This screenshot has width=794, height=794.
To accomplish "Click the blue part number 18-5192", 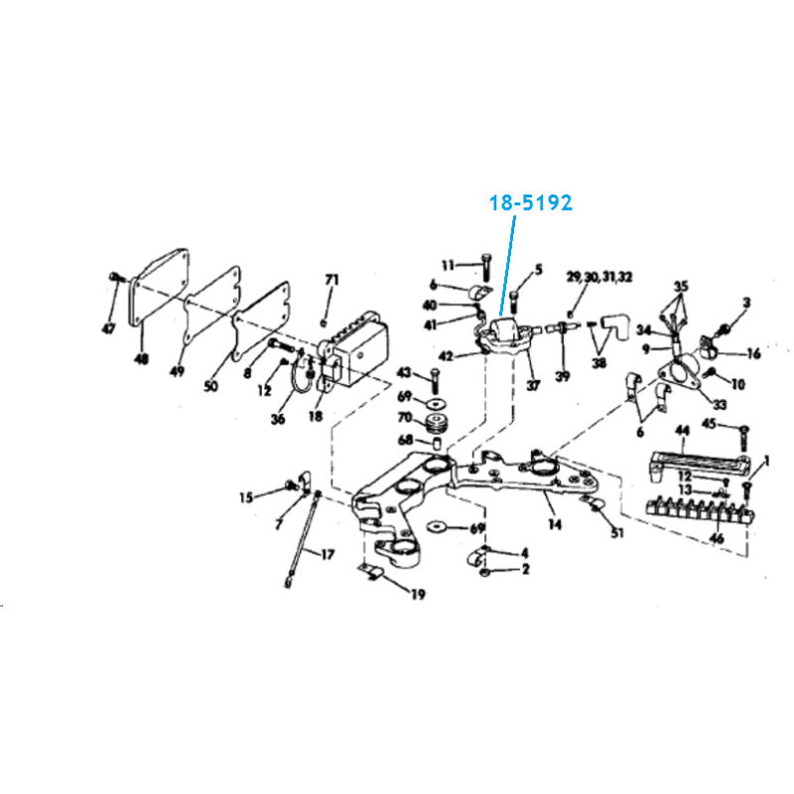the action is click(x=531, y=203).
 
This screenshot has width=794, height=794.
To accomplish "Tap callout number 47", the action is click(x=109, y=329).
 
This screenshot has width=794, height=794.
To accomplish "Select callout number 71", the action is click(x=331, y=280).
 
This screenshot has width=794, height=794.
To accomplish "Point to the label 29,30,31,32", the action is click(x=599, y=278).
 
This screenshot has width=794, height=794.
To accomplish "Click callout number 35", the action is click(x=681, y=287).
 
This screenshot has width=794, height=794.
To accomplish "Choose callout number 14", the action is click(x=555, y=525).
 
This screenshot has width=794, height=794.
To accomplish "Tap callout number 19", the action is click(x=418, y=595).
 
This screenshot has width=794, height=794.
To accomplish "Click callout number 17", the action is click(x=328, y=555).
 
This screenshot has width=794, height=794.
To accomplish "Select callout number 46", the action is click(x=717, y=538).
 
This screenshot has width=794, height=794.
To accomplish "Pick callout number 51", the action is click(x=617, y=533).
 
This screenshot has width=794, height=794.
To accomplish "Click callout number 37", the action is click(x=533, y=385).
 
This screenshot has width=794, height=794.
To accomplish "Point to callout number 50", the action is click(x=210, y=386).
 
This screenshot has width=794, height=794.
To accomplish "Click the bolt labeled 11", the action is click(x=486, y=267).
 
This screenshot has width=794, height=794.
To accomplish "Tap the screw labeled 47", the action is click(x=116, y=278).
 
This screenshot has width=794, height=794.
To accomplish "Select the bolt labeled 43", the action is click(x=435, y=382).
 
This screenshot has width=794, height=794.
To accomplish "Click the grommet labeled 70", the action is click(x=435, y=424).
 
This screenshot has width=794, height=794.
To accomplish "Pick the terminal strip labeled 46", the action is click(x=701, y=509).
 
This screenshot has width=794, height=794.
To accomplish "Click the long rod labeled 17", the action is click(x=303, y=539).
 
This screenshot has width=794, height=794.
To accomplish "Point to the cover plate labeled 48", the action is click(x=160, y=287).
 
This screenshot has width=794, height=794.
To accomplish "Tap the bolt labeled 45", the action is click(x=743, y=439).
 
